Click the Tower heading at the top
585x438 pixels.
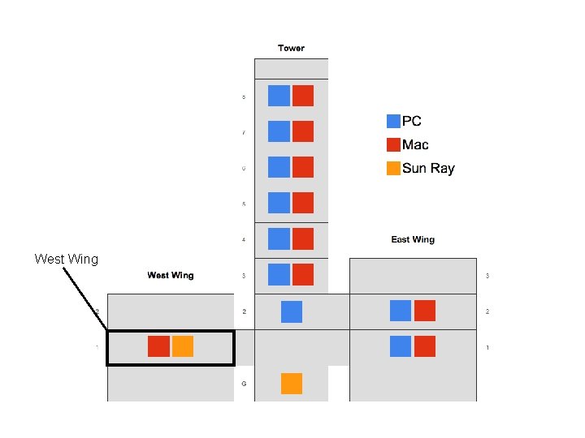click(x=291, y=48)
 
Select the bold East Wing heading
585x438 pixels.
click(x=413, y=239)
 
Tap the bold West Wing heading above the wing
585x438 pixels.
click(x=171, y=275)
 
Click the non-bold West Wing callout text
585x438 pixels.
click(x=66, y=260)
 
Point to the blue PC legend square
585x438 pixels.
click(x=393, y=121)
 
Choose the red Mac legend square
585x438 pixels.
click(x=393, y=144)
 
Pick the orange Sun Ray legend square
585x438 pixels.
click(x=393, y=168)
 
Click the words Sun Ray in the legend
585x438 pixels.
click(x=428, y=169)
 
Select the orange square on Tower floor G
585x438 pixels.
click(x=292, y=383)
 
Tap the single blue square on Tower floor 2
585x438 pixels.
click(x=292, y=311)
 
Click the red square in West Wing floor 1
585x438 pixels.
click(x=158, y=346)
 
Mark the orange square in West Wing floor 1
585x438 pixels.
click(x=183, y=346)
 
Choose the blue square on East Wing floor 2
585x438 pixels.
click(x=401, y=311)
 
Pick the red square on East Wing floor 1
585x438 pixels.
click(x=425, y=346)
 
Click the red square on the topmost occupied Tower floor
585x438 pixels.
click(x=303, y=96)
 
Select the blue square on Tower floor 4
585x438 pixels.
click(x=279, y=238)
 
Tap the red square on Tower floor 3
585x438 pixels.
click(x=303, y=274)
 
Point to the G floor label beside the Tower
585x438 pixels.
click(x=244, y=383)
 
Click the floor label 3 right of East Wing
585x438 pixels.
click(x=487, y=276)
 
